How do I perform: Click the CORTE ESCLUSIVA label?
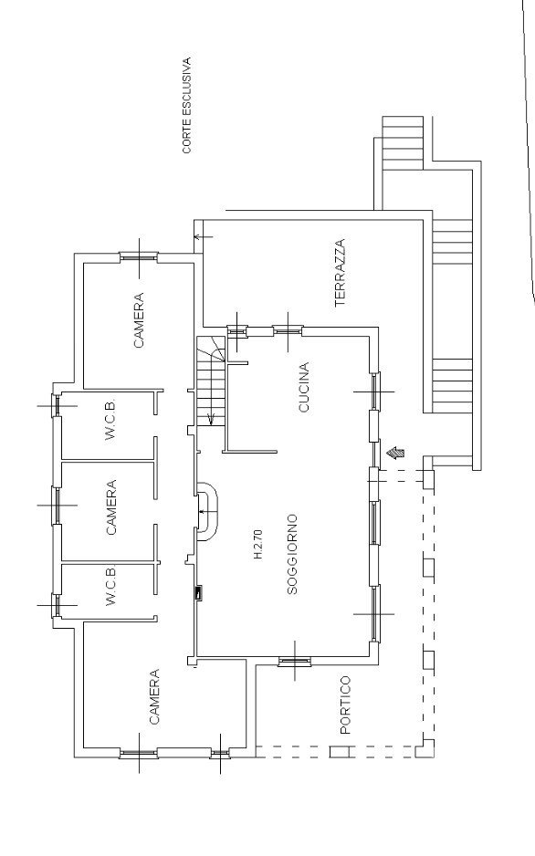click(187, 105)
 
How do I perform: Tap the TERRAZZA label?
click(341, 273)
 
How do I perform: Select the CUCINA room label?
click(304, 387)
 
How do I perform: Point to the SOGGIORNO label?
click(292, 554)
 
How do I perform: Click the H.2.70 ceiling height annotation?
click(258, 544)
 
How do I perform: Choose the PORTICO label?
click(345, 705)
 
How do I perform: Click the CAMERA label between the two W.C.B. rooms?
click(111, 507)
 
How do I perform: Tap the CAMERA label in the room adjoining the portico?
click(154, 696)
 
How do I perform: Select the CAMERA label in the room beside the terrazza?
click(139, 320)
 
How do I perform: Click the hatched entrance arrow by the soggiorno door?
click(396, 452)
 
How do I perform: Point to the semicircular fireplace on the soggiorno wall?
click(209, 510)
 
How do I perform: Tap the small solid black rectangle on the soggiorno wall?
click(199, 593)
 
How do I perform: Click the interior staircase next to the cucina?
click(211, 381)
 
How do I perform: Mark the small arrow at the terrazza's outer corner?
click(203, 237)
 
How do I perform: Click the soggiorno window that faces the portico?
click(295, 662)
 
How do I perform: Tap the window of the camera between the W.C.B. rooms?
click(57, 506)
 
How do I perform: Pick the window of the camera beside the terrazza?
click(139, 256)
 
